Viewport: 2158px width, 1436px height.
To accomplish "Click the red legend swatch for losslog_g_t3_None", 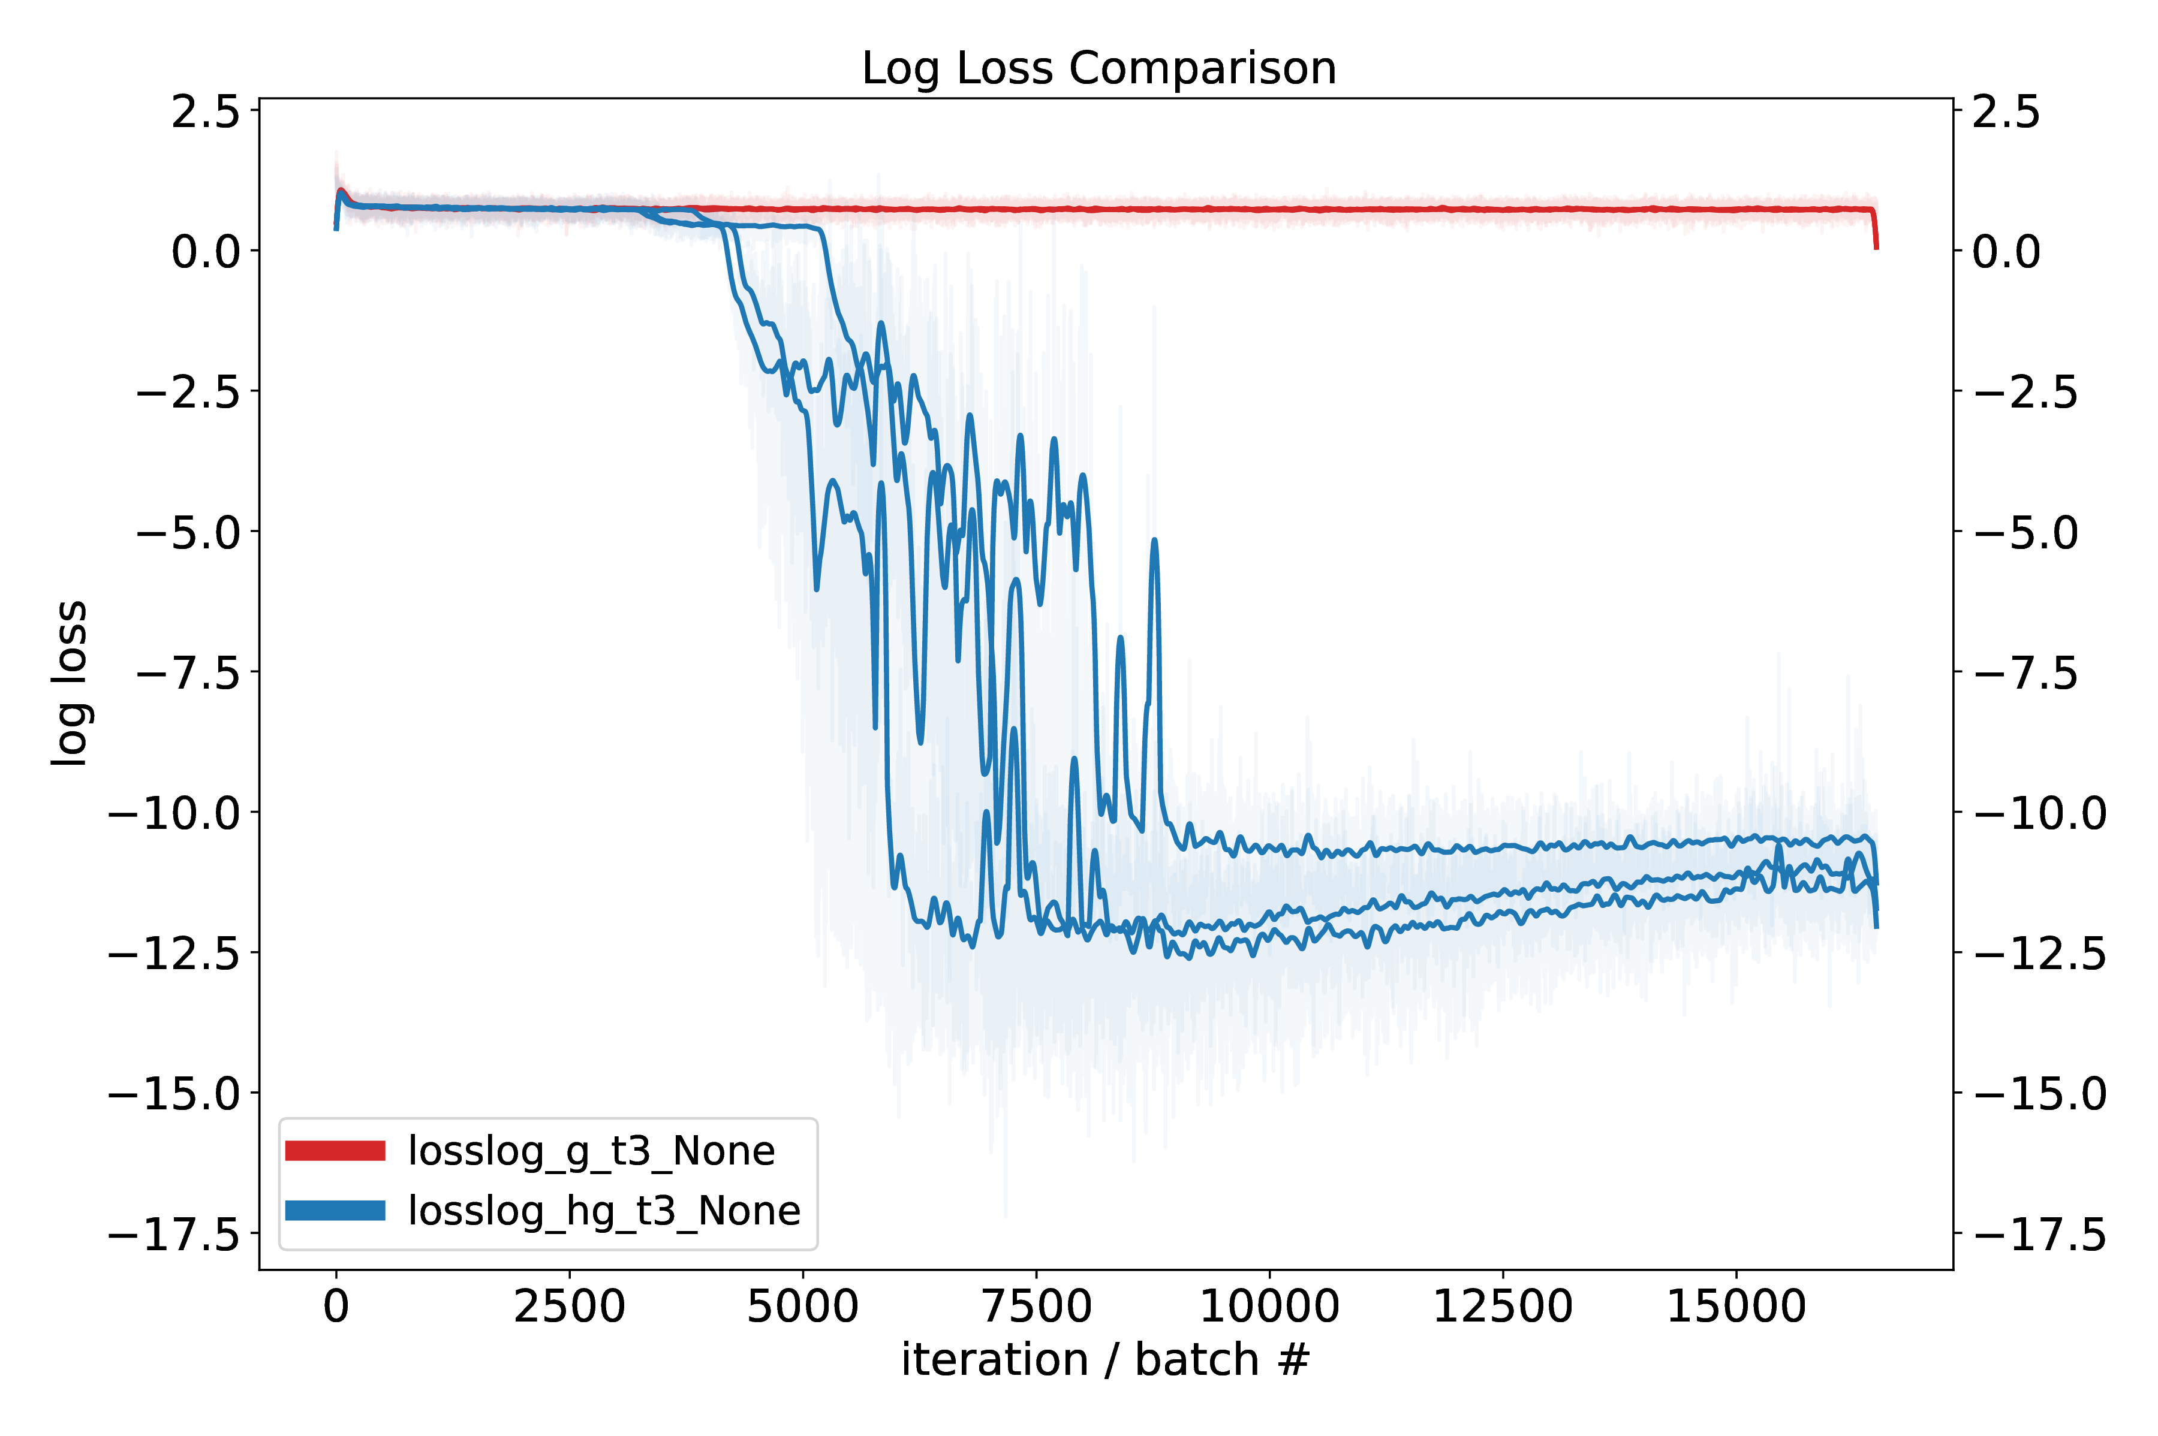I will point(335,1150).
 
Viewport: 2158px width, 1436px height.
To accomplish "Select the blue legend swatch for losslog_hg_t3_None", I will point(335,1211).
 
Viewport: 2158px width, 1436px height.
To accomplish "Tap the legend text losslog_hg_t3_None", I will point(604,1211).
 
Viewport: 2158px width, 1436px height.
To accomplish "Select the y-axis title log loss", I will point(70,682).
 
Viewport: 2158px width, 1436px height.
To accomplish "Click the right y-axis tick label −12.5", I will point(2040,954).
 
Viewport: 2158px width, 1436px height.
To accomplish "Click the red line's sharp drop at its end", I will point(1875,234).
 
